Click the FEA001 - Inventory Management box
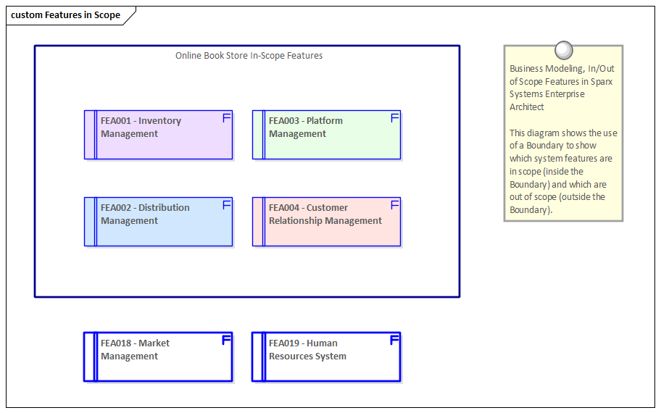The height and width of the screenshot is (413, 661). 158,135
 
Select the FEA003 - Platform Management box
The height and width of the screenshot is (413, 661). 326,135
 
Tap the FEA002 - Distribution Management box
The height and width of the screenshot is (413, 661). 158,222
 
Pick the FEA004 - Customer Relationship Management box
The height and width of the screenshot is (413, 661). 326,222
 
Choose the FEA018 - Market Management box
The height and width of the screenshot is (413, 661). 158,357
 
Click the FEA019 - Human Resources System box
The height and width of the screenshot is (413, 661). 326,357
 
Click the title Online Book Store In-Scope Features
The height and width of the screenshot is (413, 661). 249,56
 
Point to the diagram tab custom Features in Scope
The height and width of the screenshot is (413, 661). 66,15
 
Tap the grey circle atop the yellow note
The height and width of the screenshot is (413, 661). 563,50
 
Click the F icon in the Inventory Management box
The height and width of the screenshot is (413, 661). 226,118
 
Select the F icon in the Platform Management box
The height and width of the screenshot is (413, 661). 395,118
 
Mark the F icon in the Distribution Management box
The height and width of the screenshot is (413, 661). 226,205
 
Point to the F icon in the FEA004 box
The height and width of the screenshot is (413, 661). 395,205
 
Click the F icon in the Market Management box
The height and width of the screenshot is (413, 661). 226,340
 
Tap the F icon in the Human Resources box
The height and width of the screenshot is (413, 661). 395,340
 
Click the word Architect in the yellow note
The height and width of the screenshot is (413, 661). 527,107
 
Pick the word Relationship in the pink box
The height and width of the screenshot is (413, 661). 296,221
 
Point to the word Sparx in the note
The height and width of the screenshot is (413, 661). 601,82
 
